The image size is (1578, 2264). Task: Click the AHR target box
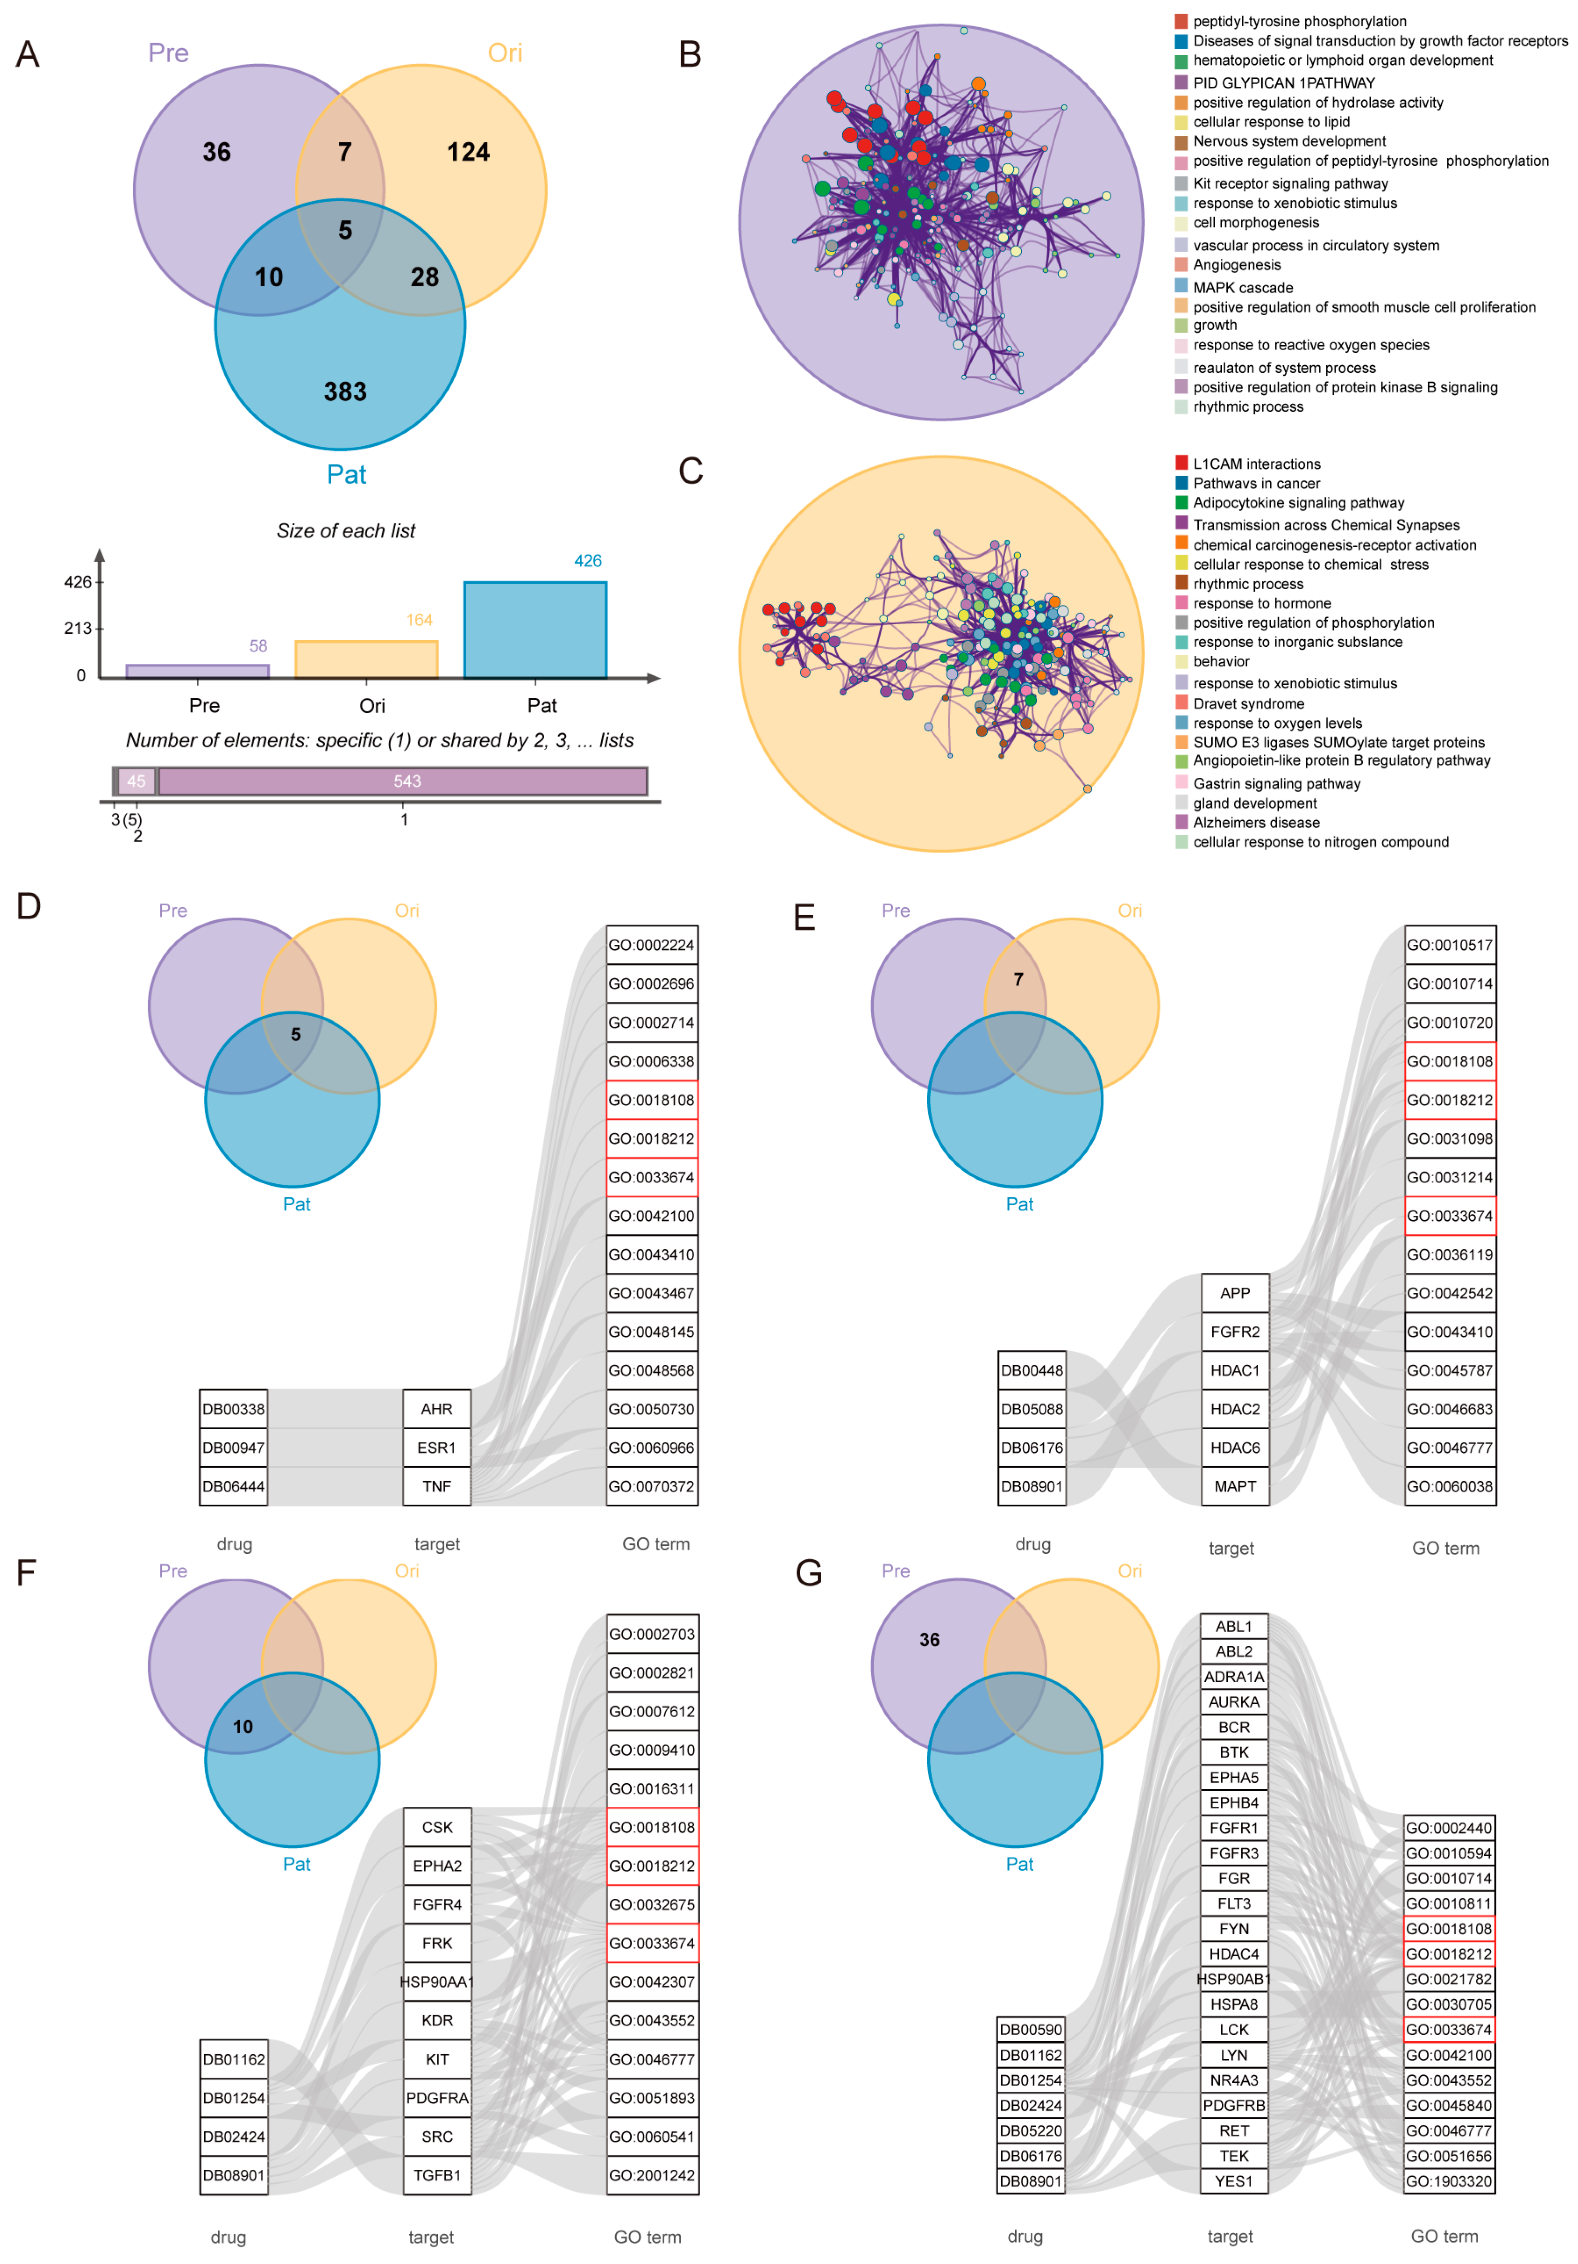pos(436,1409)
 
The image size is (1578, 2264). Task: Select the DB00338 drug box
pos(234,1409)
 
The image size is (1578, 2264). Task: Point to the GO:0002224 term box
pos(652,945)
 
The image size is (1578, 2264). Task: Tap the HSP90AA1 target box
pos(436,1982)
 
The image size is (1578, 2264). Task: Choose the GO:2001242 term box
pos(652,2175)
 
